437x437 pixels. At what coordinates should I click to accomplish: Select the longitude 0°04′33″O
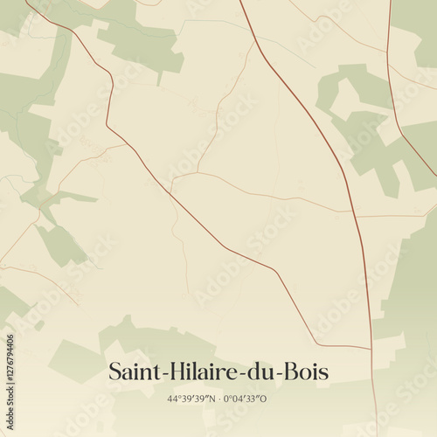(246, 399)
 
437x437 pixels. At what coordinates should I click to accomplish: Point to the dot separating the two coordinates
(218, 399)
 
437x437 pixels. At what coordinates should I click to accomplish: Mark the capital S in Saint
(114, 371)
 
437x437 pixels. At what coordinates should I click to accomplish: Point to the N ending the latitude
(212, 399)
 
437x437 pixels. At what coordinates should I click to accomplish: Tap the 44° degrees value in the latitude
(172, 399)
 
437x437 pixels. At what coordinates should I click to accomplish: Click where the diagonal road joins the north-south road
(371, 349)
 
